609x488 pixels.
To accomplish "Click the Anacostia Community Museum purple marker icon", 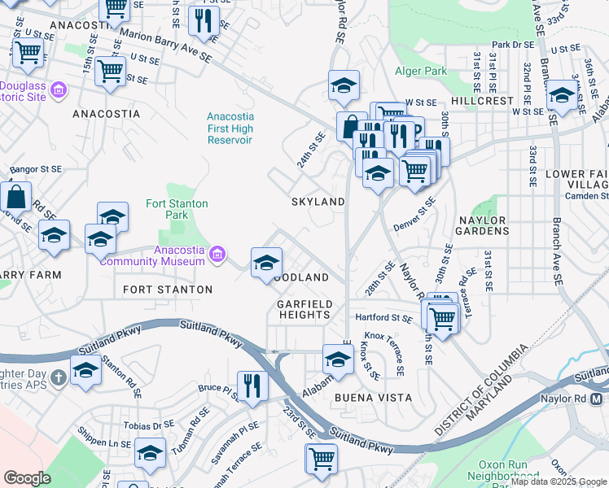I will coord(217,255).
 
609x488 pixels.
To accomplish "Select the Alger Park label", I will coord(421,71).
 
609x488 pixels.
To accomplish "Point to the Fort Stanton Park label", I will coord(177,209).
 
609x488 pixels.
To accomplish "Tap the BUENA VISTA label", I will coord(372,397).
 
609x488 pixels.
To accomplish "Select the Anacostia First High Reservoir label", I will coord(230,129).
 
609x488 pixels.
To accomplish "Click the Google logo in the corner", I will coord(27,477).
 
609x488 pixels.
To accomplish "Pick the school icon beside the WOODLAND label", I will coord(266,263).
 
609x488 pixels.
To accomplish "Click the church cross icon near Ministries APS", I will coord(58,377).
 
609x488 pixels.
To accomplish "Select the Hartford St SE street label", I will coord(379,317).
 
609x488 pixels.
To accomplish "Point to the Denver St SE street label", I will coord(415,213).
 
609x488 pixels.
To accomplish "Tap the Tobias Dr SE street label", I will coord(149,425).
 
